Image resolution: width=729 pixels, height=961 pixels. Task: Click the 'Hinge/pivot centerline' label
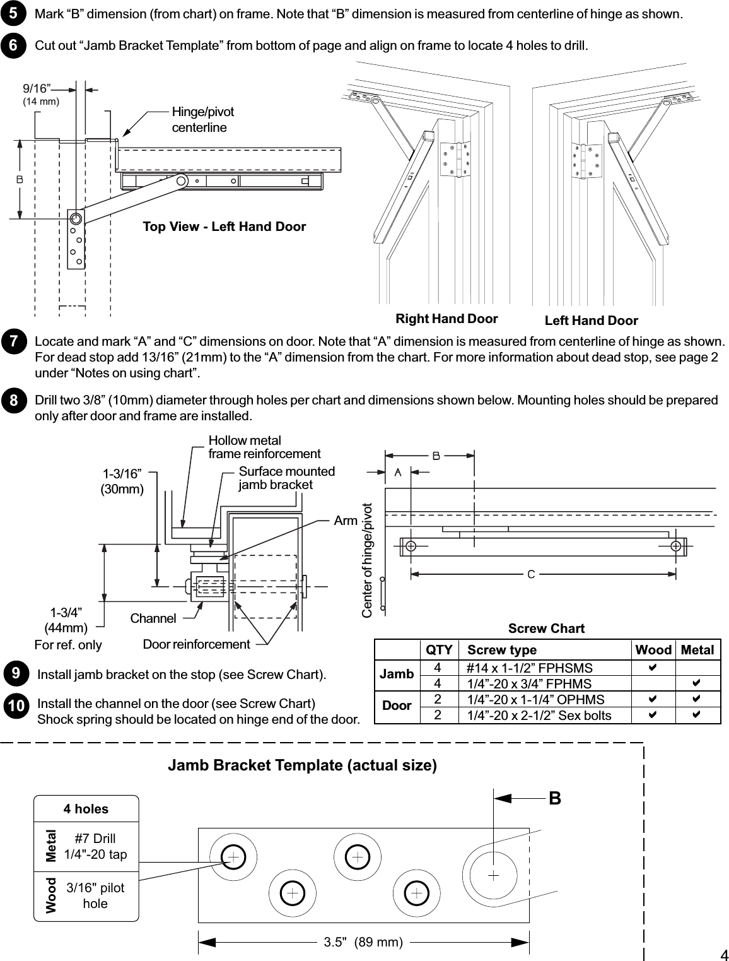(202, 120)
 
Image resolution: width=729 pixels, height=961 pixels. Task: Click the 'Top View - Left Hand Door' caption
(224, 227)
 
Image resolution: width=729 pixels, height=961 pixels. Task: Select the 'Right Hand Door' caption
(446, 319)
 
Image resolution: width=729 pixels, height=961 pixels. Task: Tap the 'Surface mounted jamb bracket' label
(286, 478)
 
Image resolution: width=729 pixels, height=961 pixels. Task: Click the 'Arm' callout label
(346, 521)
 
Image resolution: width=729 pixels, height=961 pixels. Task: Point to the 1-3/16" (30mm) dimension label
(122, 481)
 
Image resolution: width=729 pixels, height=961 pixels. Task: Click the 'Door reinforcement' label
(196, 644)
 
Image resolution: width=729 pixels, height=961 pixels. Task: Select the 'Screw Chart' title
(546, 628)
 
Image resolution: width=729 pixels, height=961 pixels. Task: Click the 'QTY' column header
(439, 650)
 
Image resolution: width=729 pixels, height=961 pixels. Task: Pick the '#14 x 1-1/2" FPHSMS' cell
(529, 668)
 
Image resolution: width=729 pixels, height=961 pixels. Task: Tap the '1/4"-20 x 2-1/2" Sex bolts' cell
(539, 715)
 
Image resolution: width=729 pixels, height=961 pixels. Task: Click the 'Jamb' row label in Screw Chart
(397, 674)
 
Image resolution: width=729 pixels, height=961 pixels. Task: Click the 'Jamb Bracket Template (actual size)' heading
(302, 765)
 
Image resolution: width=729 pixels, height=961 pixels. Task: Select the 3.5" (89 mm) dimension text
(363, 942)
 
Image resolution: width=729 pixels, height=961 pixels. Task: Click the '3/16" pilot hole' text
(95, 895)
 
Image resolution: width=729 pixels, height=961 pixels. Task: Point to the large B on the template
(554, 799)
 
